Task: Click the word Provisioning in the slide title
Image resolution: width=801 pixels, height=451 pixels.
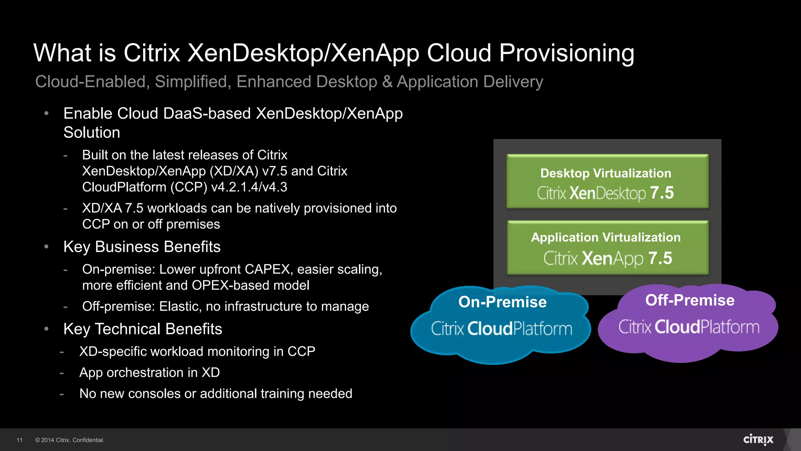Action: (566, 53)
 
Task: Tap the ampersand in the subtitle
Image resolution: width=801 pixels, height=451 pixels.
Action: (387, 82)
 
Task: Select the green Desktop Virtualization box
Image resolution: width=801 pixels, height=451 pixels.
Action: (607, 181)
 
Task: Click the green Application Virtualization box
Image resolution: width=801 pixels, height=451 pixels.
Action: (607, 247)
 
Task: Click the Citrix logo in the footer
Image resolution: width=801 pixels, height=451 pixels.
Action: (758, 440)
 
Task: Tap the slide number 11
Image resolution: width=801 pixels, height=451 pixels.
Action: (20, 440)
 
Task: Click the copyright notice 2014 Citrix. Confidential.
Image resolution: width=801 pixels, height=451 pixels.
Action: (70, 440)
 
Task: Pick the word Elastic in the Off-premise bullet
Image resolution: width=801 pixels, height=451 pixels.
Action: (180, 306)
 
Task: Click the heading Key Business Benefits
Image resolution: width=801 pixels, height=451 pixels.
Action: (142, 247)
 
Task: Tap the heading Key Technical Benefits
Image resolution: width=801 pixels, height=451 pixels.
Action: (143, 329)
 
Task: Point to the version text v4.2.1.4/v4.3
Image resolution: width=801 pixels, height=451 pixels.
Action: (249, 187)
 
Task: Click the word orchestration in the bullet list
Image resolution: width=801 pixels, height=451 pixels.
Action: (147, 372)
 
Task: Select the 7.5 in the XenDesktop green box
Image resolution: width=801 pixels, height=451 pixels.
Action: (662, 193)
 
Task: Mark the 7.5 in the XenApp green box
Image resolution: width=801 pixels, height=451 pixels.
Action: (660, 258)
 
